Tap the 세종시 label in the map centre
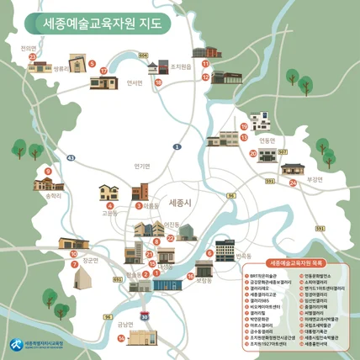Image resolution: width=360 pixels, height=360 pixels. tap(181, 204)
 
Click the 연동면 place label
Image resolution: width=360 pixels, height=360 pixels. tap(267, 140)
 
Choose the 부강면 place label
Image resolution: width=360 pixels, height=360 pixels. tap(315, 179)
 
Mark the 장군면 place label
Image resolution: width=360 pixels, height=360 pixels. tap(90, 261)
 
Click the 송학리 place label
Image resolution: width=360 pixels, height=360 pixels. tap(53, 196)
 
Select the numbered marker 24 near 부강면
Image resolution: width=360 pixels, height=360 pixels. tap(293, 183)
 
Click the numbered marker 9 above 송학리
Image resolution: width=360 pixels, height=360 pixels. tap(49, 172)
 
